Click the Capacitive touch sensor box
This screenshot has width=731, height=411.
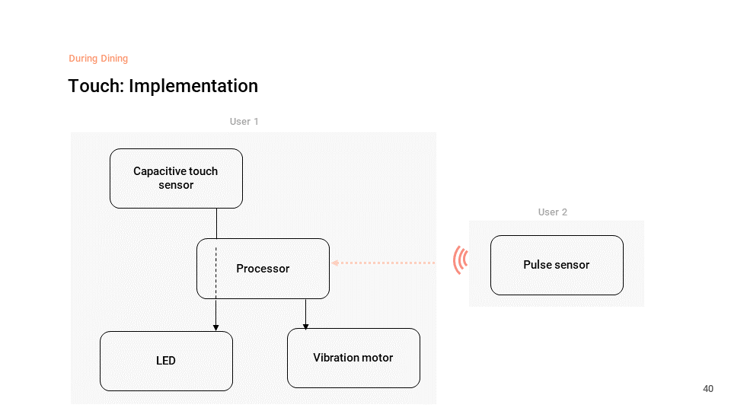pos(176,178)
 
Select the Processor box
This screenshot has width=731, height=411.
pos(263,269)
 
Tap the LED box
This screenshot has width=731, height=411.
pos(167,361)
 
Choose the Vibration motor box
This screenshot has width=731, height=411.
pos(353,358)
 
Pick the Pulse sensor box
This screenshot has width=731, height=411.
pos(557,265)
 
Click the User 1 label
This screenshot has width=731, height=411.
pos(244,122)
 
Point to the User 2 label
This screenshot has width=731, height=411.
pos(553,212)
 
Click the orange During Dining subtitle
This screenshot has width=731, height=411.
pos(98,59)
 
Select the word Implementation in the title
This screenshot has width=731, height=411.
pos(193,86)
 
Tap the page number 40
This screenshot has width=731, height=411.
pos(708,389)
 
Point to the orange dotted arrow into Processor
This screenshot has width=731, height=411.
pos(383,263)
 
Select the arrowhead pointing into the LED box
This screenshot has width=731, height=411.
pos(215,328)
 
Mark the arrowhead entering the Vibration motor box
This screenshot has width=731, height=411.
pos(306,327)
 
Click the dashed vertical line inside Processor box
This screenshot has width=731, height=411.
pos(215,273)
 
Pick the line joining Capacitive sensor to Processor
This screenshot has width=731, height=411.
pos(216,223)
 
